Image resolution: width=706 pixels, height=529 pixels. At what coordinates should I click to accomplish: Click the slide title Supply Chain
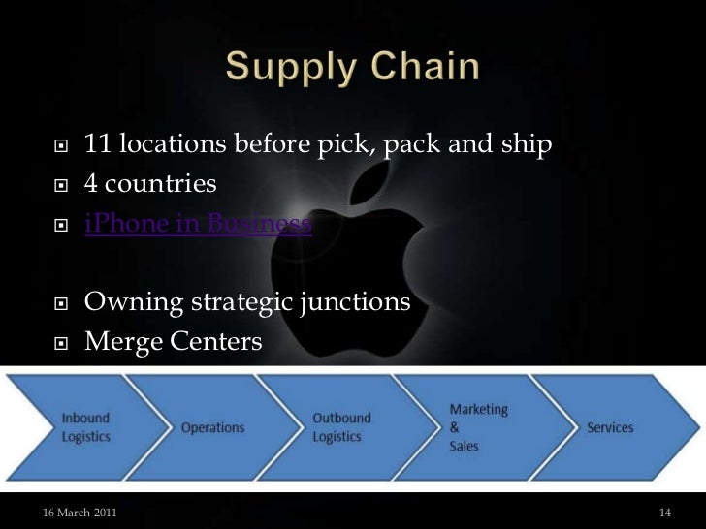[x=353, y=68]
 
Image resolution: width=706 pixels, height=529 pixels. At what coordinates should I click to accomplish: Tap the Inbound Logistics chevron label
[x=86, y=427]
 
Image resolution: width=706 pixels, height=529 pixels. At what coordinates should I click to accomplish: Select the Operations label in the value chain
[x=212, y=427]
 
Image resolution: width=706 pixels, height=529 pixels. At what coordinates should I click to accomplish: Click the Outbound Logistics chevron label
[x=341, y=427]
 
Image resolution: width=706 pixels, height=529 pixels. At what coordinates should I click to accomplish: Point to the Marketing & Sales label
[x=478, y=427]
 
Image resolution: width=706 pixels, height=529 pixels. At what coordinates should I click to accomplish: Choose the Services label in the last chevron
[x=609, y=427]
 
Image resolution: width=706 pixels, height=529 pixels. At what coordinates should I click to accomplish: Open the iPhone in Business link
[x=198, y=225]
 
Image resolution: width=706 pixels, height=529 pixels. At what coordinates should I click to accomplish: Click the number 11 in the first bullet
[x=97, y=145]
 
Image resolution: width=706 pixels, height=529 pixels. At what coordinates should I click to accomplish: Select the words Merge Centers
[x=173, y=341]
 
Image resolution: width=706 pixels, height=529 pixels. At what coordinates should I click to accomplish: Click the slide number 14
[x=664, y=512]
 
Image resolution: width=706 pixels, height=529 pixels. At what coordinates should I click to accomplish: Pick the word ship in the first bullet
[x=526, y=145]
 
